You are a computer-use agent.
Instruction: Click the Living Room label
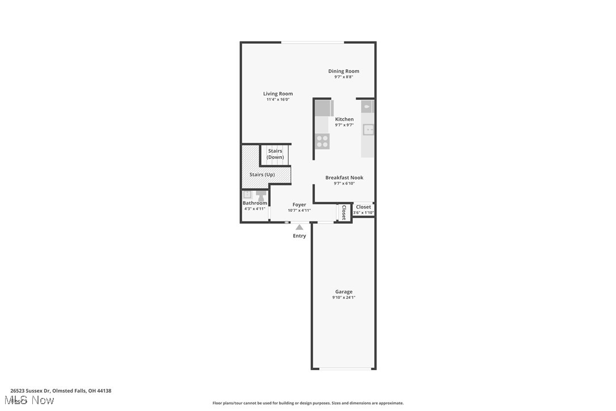coord(278,94)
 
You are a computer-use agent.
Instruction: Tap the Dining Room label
coord(344,71)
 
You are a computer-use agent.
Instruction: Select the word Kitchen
coord(344,119)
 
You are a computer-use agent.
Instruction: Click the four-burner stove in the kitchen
coord(322,141)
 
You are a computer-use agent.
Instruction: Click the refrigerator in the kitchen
coord(324,108)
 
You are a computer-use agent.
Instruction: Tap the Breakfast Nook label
coord(344,178)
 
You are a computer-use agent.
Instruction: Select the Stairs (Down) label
coord(275,154)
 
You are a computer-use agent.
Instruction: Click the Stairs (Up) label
coord(262,174)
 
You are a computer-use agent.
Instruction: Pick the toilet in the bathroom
coord(260,196)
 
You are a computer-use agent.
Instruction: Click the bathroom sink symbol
coord(248,194)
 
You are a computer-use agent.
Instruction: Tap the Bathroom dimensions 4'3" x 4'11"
coord(255,209)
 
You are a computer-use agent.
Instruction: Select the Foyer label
coord(299,204)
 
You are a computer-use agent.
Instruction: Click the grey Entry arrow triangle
coord(299,227)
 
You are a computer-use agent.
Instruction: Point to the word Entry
coord(299,236)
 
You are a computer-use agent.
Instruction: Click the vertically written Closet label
coord(344,212)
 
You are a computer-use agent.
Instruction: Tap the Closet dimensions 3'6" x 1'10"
coord(364,213)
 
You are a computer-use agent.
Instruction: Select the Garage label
coord(344,292)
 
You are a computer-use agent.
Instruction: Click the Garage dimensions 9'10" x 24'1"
coord(344,297)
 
